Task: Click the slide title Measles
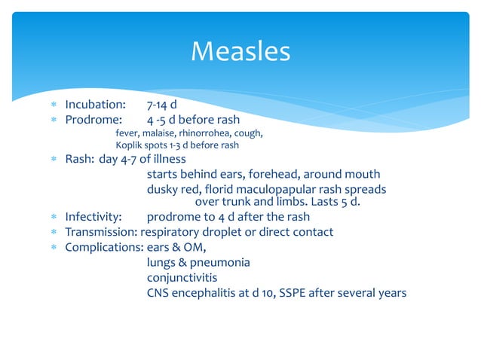pos(240,52)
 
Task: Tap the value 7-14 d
pos(162,104)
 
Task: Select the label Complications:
pos(100,247)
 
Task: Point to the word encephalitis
pos(208,292)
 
